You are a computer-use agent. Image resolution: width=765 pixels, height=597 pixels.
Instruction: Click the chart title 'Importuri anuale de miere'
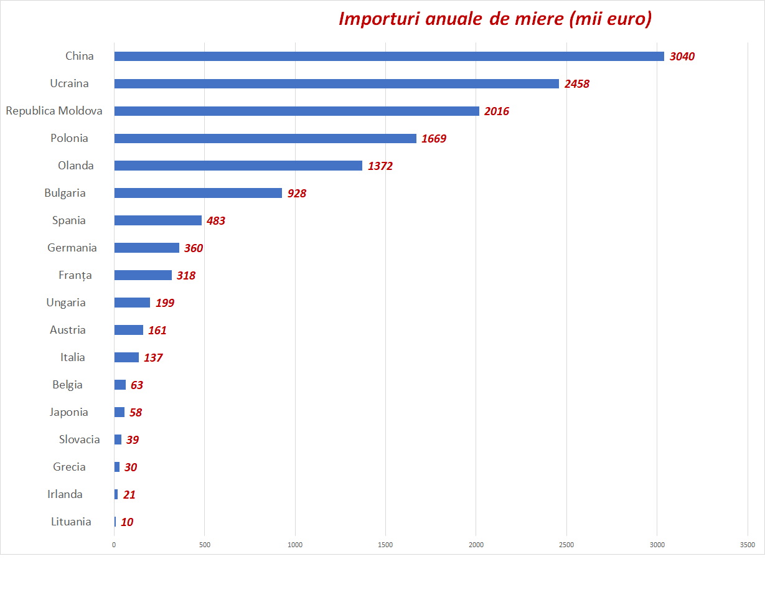pyautogui.click(x=495, y=19)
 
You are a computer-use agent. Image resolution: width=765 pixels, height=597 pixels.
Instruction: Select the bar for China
pyautogui.click(x=389, y=56)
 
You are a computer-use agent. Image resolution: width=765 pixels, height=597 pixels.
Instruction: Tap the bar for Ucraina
pyautogui.click(x=336, y=83)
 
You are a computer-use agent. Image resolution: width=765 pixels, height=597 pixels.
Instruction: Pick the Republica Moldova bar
pyautogui.click(x=296, y=111)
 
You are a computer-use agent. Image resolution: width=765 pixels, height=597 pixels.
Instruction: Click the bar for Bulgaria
pyautogui.click(x=198, y=193)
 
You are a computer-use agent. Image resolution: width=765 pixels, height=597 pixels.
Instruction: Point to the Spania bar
pyautogui.click(x=158, y=220)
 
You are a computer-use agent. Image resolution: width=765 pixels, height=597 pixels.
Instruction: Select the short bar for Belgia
pyautogui.click(x=120, y=385)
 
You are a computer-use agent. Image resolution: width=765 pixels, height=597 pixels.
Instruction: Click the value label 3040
pyautogui.click(x=682, y=57)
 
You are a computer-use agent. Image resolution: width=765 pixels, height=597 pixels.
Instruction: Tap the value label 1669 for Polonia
pyautogui.click(x=434, y=139)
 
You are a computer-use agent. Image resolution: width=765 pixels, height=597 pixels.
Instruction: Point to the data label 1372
pyautogui.click(x=380, y=166)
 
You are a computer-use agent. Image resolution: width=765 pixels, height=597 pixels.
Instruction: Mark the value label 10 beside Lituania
pyautogui.click(x=127, y=522)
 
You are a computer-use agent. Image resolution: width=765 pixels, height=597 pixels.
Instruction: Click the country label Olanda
pyautogui.click(x=76, y=166)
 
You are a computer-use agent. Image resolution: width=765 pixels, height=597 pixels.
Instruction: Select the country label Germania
pyautogui.click(x=72, y=248)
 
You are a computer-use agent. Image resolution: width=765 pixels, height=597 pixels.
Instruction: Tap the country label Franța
pyautogui.click(x=75, y=275)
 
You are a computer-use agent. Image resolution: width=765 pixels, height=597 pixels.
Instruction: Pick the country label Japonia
pyautogui.click(x=69, y=412)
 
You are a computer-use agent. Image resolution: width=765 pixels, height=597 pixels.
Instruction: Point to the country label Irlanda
pyautogui.click(x=65, y=494)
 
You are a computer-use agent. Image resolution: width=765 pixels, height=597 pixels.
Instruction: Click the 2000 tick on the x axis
pyautogui.click(x=476, y=545)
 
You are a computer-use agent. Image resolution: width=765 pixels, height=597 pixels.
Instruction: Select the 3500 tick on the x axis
pyautogui.click(x=748, y=545)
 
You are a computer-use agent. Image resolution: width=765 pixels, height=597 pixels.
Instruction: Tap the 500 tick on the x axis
pyautogui.click(x=205, y=545)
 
